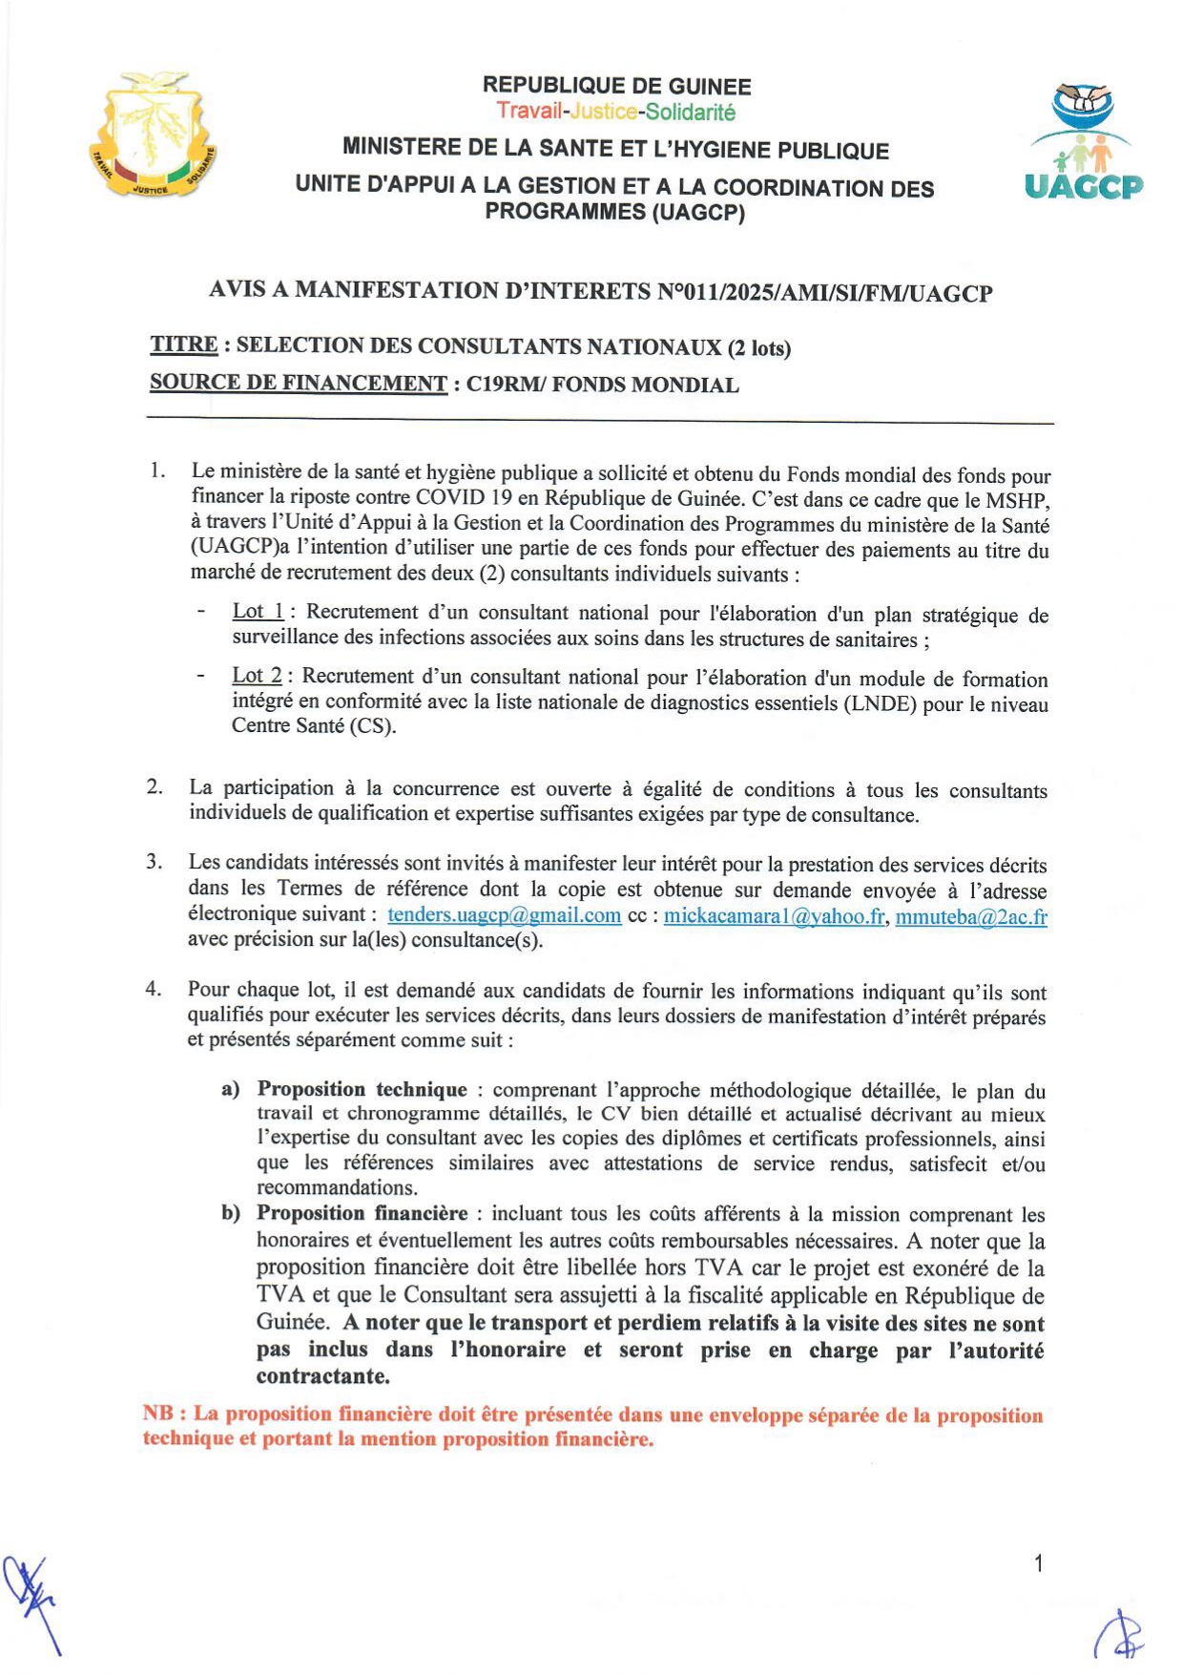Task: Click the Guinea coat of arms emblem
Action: pos(153,136)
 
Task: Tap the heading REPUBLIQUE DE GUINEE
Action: pos(616,86)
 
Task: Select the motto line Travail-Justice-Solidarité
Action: pos(616,112)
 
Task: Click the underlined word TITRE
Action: pos(183,345)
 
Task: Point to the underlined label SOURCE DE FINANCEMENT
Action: pos(299,384)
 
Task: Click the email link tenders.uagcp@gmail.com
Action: pos(504,915)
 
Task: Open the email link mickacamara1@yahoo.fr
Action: pos(775,916)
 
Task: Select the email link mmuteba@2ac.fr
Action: pos(970,917)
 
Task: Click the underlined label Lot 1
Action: pos(258,612)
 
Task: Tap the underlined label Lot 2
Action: pos(257,676)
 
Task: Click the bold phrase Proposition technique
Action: pos(362,1089)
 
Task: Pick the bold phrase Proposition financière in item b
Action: pos(362,1213)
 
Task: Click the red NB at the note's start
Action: pos(157,1413)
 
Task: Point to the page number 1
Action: pos(1038,1563)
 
